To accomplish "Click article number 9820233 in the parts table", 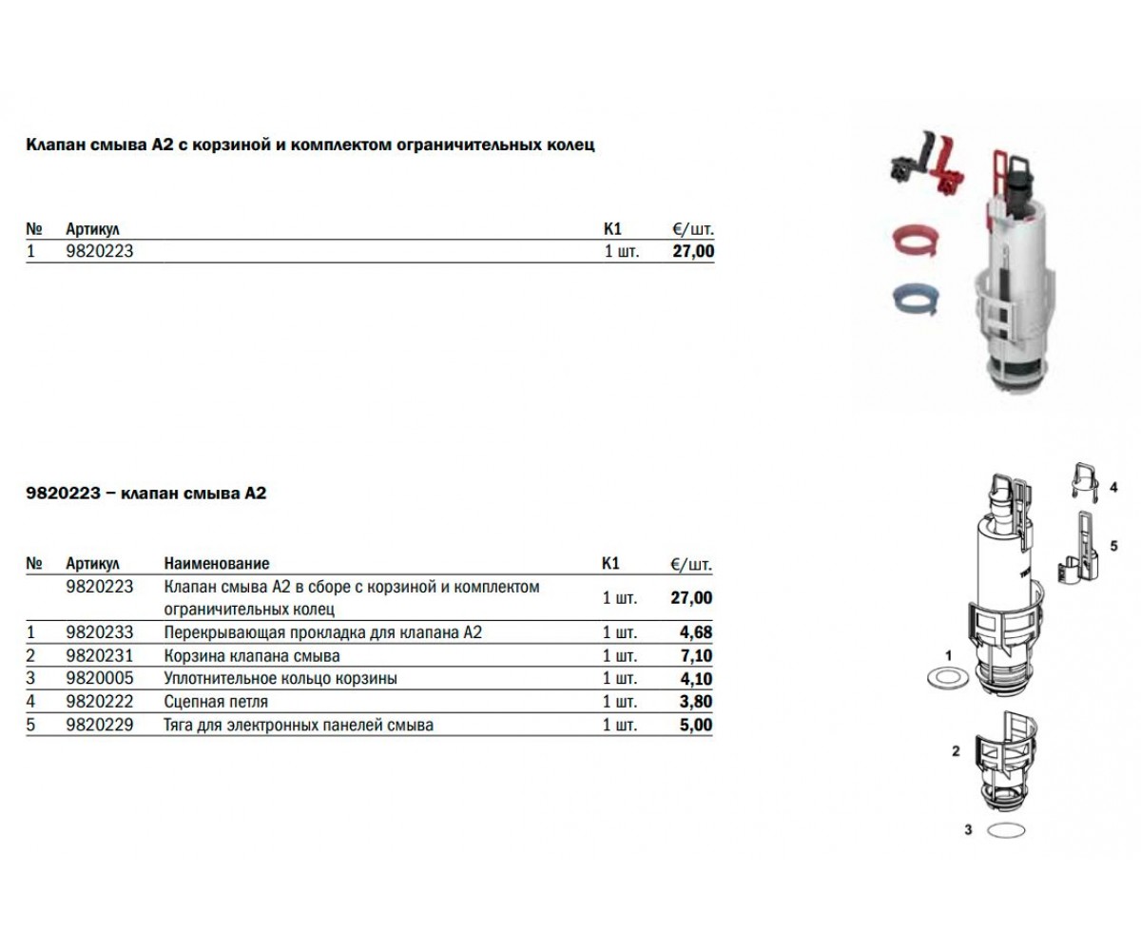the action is [x=100, y=632].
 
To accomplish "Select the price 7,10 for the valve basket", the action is [x=696, y=655].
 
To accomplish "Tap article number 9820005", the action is [x=100, y=678].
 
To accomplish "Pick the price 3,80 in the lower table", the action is [x=696, y=701].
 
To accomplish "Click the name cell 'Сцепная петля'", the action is [x=216, y=702].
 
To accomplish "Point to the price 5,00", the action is [x=696, y=725].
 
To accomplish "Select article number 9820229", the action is [x=100, y=725].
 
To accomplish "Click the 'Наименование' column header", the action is [x=217, y=563].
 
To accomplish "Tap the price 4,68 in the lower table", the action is [x=696, y=632].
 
